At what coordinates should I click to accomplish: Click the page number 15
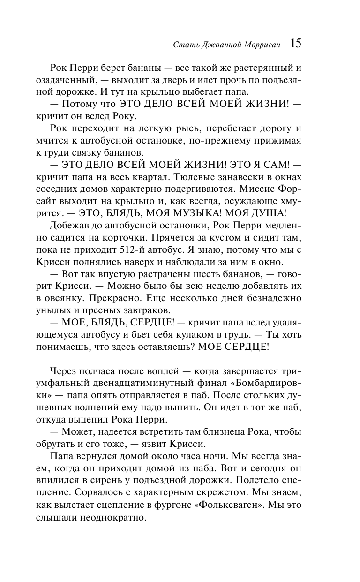tap(296, 44)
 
